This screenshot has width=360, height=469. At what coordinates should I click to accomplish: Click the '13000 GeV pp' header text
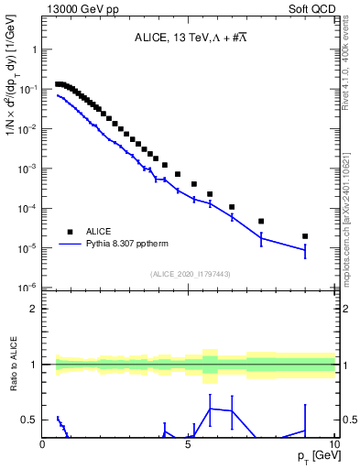pyautogui.click(x=78, y=8)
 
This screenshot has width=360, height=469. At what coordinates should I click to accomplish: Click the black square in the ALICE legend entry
pyautogui.click(x=70, y=232)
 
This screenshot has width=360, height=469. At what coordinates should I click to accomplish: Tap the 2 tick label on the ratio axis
pyautogui.click(x=34, y=309)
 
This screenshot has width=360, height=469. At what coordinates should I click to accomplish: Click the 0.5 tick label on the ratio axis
pyautogui.click(x=30, y=420)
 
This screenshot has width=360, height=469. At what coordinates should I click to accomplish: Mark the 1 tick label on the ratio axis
pyautogui.click(x=34, y=365)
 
